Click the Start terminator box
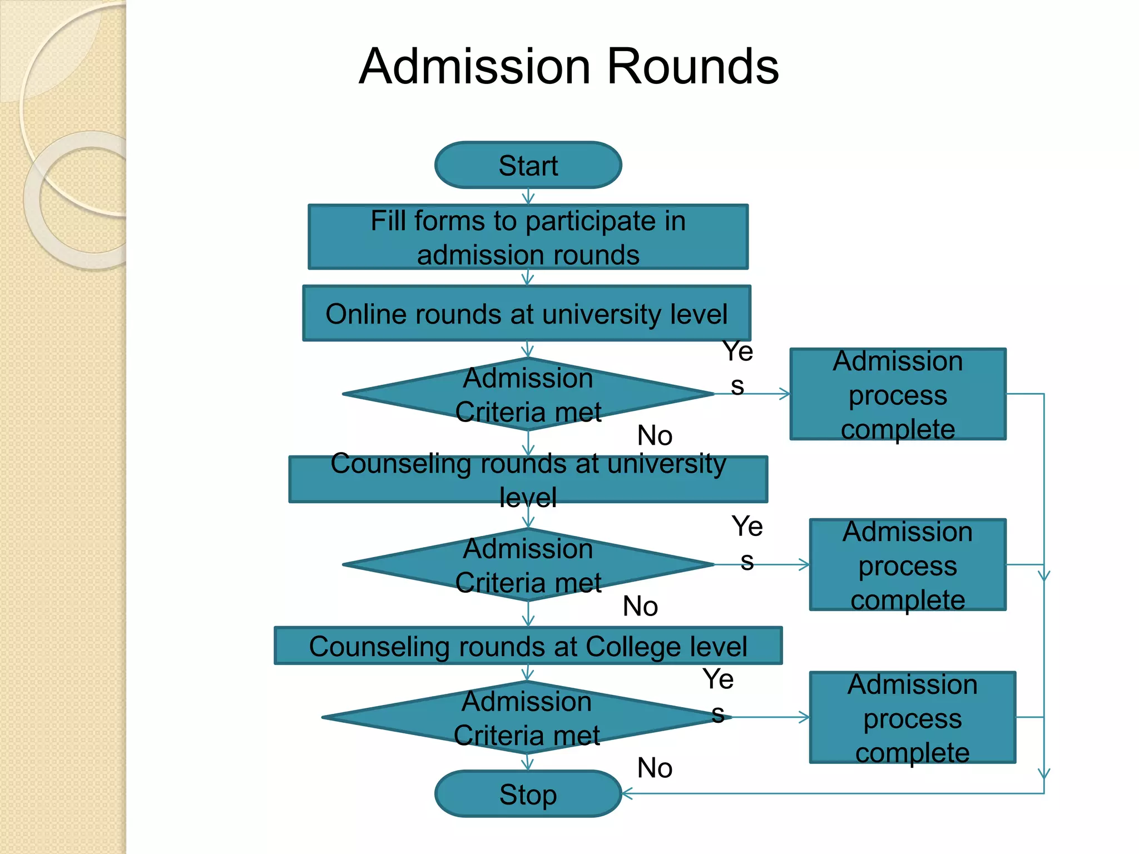528,165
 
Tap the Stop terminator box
528,793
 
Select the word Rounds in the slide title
692,67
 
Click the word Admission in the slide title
474,67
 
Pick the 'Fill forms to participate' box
528,237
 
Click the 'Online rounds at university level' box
526,314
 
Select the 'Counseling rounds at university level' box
528,479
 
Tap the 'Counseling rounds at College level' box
528,646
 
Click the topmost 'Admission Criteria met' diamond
528,394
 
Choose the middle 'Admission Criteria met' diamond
528,565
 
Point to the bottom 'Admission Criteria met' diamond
526,718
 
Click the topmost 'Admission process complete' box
898,394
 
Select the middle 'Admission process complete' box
907,565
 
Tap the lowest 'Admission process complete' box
912,718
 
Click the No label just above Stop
655,768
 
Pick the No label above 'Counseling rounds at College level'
640,606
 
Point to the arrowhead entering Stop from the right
627,793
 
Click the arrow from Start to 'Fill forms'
528,196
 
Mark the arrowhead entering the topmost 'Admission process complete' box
784,394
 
